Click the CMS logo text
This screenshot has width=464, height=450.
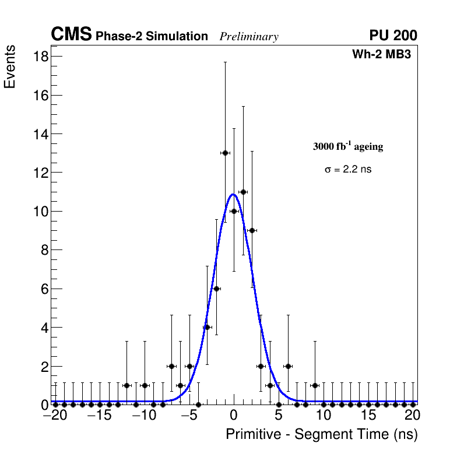pyautogui.click(x=71, y=35)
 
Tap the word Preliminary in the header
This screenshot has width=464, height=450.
pyautogui.click(x=249, y=37)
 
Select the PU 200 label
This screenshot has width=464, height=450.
pyautogui.click(x=393, y=36)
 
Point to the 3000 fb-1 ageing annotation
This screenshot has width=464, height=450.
pyautogui.click(x=348, y=146)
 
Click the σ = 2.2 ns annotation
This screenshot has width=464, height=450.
pyautogui.click(x=348, y=170)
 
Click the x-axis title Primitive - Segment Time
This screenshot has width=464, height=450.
pyautogui.click(x=322, y=434)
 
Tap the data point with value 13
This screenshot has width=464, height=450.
pyautogui.click(x=225, y=153)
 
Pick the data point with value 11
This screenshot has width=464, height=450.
pyautogui.click(x=243, y=192)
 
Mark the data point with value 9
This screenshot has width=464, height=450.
pyautogui.click(x=252, y=230)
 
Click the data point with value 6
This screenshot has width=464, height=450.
pyautogui.click(x=216, y=289)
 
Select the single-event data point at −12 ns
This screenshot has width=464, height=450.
pyautogui.click(x=126, y=385)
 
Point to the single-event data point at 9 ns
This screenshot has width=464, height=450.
pyautogui.click(x=315, y=385)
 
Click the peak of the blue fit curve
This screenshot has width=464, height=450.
pyautogui.click(x=233, y=194)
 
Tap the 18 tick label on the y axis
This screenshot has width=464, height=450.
pyautogui.click(x=41, y=57)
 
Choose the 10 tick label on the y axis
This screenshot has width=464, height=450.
pyautogui.click(x=41, y=211)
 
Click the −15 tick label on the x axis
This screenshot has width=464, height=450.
pyautogui.click(x=100, y=416)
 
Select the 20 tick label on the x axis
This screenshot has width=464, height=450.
pyautogui.click(x=412, y=416)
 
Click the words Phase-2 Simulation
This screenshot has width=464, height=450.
pyautogui.click(x=152, y=37)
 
